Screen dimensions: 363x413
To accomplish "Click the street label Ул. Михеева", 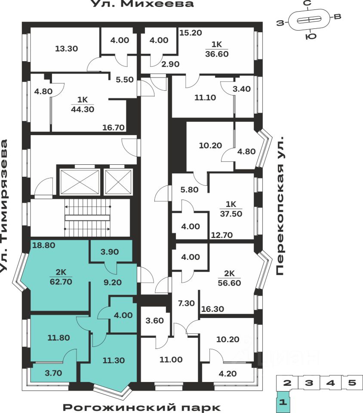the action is [142, 4].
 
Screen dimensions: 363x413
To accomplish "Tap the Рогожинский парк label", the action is [142, 407].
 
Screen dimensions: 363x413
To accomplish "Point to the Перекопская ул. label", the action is [280, 207].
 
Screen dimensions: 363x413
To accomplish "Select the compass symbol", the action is [309, 20].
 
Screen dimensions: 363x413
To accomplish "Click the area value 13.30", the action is [67, 49].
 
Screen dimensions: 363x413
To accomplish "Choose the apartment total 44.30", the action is [83, 109].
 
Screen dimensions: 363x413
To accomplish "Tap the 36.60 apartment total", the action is [217, 54].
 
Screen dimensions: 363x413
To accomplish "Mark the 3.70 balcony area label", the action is [53, 373].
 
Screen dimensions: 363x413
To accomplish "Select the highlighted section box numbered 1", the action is [282, 403].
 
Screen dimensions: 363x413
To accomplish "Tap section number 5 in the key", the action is [352, 383].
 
